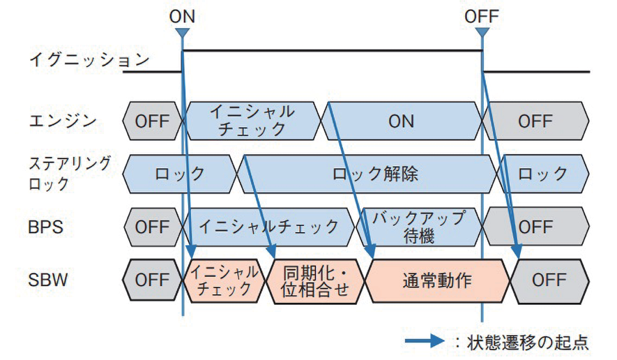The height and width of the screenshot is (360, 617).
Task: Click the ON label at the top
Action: point(182,14)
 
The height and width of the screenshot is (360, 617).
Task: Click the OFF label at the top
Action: point(482,14)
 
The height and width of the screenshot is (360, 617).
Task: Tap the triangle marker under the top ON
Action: point(182,33)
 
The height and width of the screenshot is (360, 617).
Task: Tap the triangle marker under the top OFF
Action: point(482,33)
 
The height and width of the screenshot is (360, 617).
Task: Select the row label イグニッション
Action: point(89,60)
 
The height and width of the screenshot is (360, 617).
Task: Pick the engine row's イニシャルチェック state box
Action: point(252,121)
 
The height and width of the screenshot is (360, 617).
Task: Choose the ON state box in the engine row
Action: point(402,121)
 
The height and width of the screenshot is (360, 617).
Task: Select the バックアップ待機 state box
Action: point(418,227)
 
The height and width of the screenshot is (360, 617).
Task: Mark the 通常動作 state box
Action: point(437,280)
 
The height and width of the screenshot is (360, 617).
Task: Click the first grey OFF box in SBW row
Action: point(151,280)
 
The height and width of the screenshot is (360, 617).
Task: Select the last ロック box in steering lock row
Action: point(542,174)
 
